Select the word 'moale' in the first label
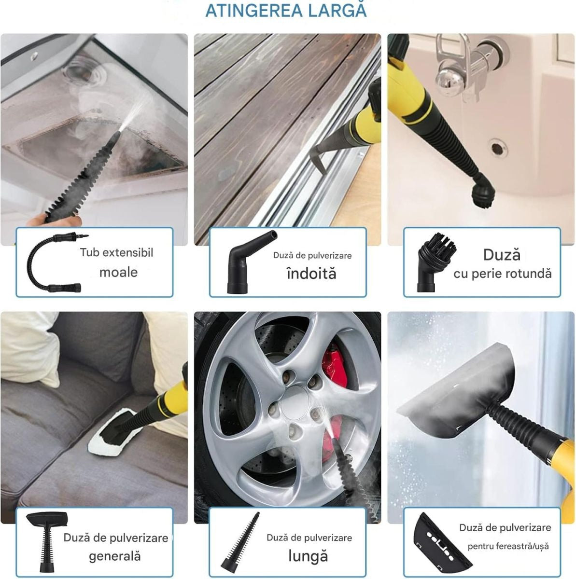(x=118, y=272)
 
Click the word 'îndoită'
(x=311, y=274)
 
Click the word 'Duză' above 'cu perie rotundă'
(x=502, y=255)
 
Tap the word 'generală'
(x=115, y=556)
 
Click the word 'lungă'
(x=308, y=556)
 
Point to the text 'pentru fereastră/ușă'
(x=508, y=546)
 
